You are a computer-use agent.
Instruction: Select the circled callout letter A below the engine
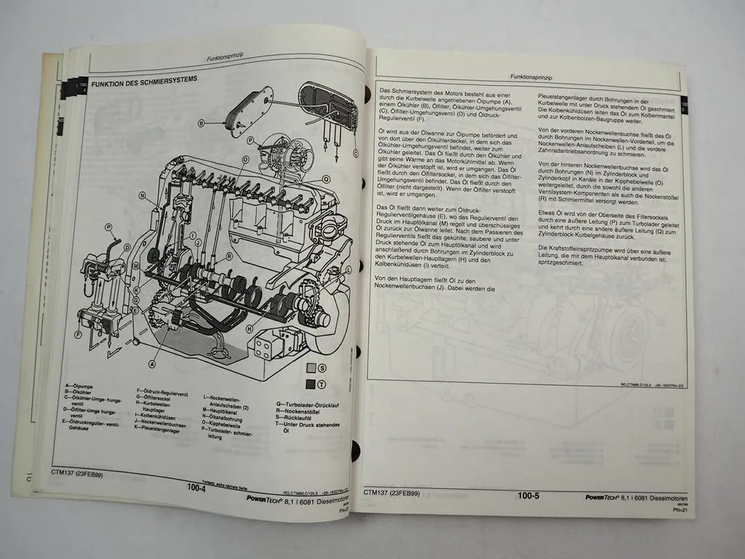pos(152,362)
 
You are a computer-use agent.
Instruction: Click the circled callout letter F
pos(77,335)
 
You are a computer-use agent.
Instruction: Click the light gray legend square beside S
pos(311,368)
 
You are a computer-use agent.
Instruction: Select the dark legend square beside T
pos(311,384)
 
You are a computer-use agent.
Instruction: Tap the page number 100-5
pos(529,496)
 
